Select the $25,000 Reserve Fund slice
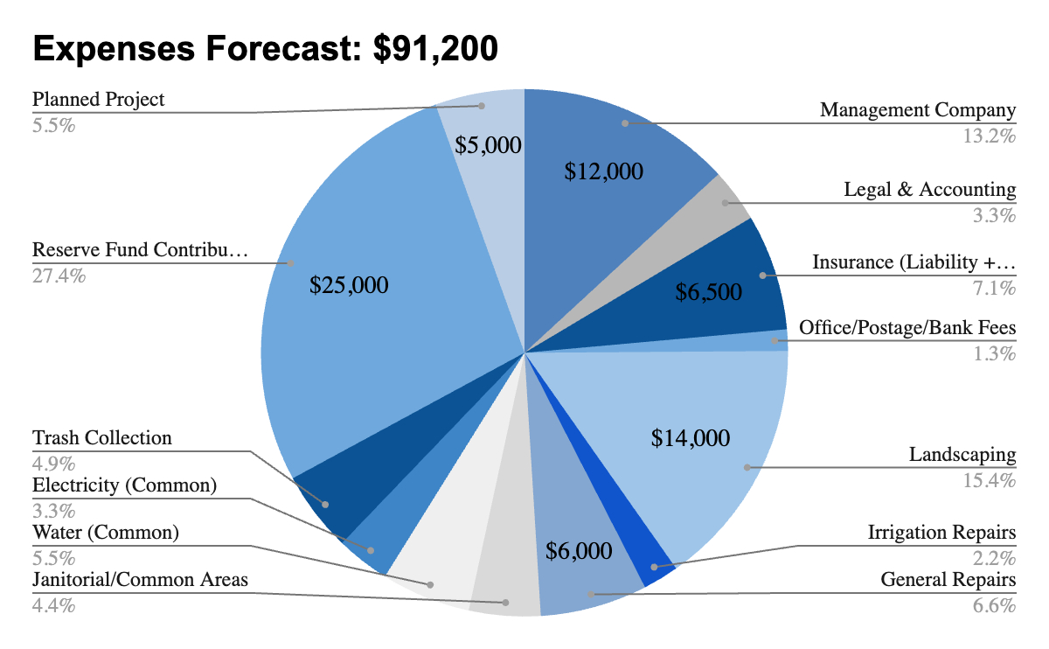(350, 262)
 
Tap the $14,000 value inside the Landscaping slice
(691, 437)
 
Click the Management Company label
(918, 110)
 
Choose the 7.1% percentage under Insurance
(995, 289)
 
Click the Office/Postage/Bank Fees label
(907, 328)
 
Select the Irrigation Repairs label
(941, 533)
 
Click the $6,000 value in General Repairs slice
(578, 551)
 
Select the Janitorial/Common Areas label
(140, 579)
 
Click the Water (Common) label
(105, 532)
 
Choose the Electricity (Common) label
(124, 485)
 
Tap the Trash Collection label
(102, 437)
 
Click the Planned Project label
(98, 99)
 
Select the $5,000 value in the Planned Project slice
(488, 145)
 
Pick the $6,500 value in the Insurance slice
(708, 292)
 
